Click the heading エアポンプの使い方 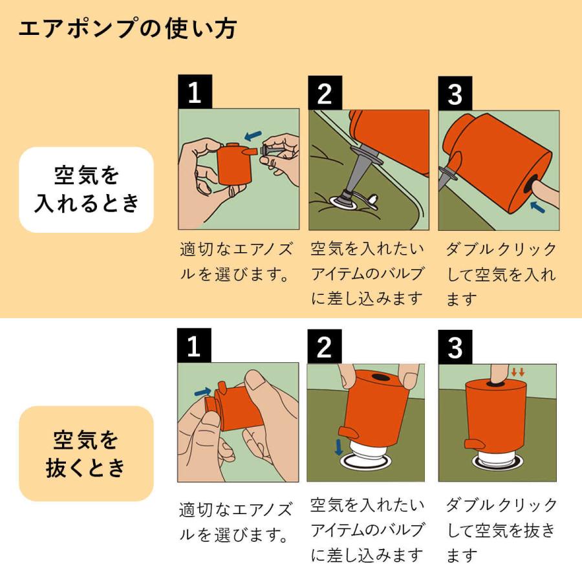[127, 28]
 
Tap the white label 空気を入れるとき [86, 189]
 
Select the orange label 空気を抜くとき [86, 453]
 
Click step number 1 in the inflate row [194, 93]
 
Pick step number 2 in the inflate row [325, 93]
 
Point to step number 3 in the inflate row [455, 93]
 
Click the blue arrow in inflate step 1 [253, 135]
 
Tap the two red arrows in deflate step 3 [517, 372]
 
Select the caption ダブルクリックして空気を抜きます [501, 530]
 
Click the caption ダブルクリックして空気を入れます [501, 274]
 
